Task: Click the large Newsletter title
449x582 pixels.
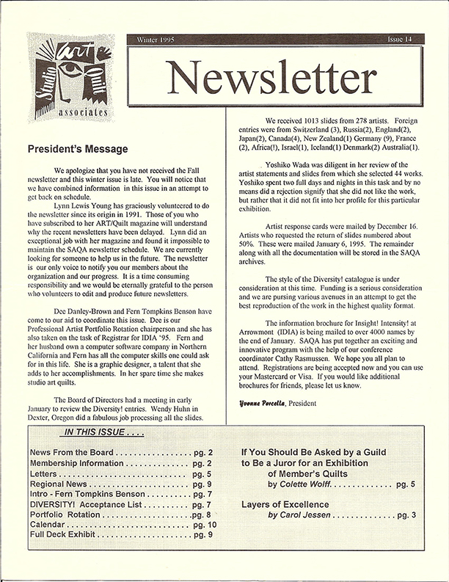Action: (x=280, y=76)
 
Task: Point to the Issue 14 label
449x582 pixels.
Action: (x=404, y=41)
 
